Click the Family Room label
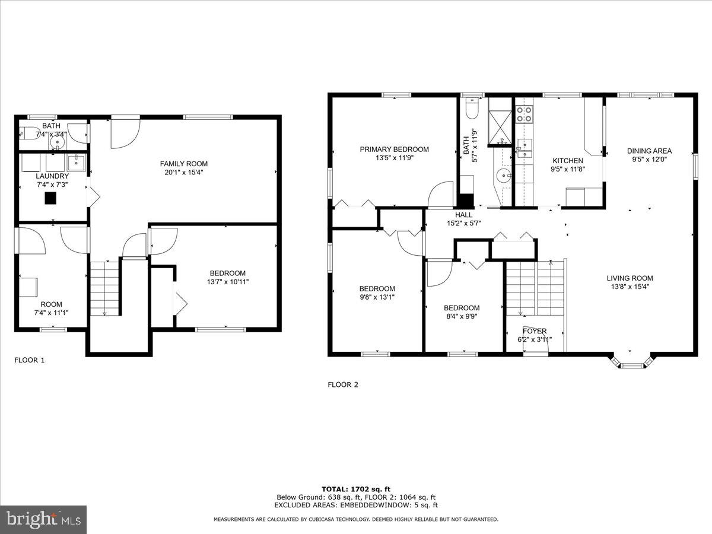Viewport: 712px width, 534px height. tap(184, 164)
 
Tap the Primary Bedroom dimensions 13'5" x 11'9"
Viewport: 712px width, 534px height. tap(394, 158)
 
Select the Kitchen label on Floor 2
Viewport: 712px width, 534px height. tap(568, 161)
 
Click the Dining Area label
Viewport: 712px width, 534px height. tap(649, 151)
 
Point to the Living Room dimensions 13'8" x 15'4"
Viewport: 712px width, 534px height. tap(630, 287)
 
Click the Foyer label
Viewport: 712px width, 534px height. tap(535, 331)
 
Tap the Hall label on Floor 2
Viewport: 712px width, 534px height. tap(464, 215)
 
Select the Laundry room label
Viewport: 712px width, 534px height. tap(52, 176)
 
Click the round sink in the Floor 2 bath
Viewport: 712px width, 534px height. tap(504, 175)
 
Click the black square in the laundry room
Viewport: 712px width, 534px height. tap(52, 199)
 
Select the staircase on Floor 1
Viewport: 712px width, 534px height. tap(105, 288)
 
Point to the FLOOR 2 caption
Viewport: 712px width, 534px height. tap(343, 384)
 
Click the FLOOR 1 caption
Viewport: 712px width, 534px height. tap(29, 360)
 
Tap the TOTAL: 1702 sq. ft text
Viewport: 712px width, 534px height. tap(356, 490)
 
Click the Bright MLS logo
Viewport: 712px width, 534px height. tap(43, 520)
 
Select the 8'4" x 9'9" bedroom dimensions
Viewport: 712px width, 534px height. tap(462, 316)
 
